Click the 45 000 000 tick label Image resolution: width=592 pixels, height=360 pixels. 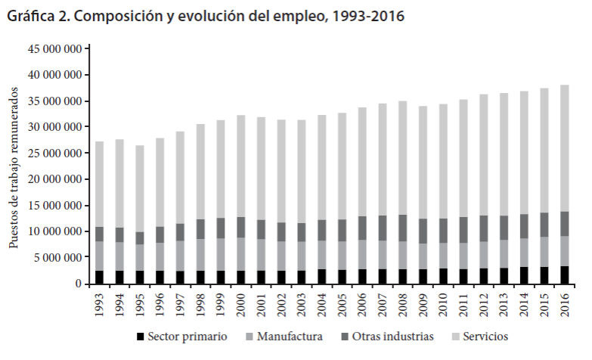pyautogui.click(x=54, y=49)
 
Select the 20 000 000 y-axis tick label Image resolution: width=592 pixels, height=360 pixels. pyautogui.click(x=54, y=179)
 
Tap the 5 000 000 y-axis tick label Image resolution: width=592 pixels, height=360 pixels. pyautogui.click(x=57, y=258)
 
